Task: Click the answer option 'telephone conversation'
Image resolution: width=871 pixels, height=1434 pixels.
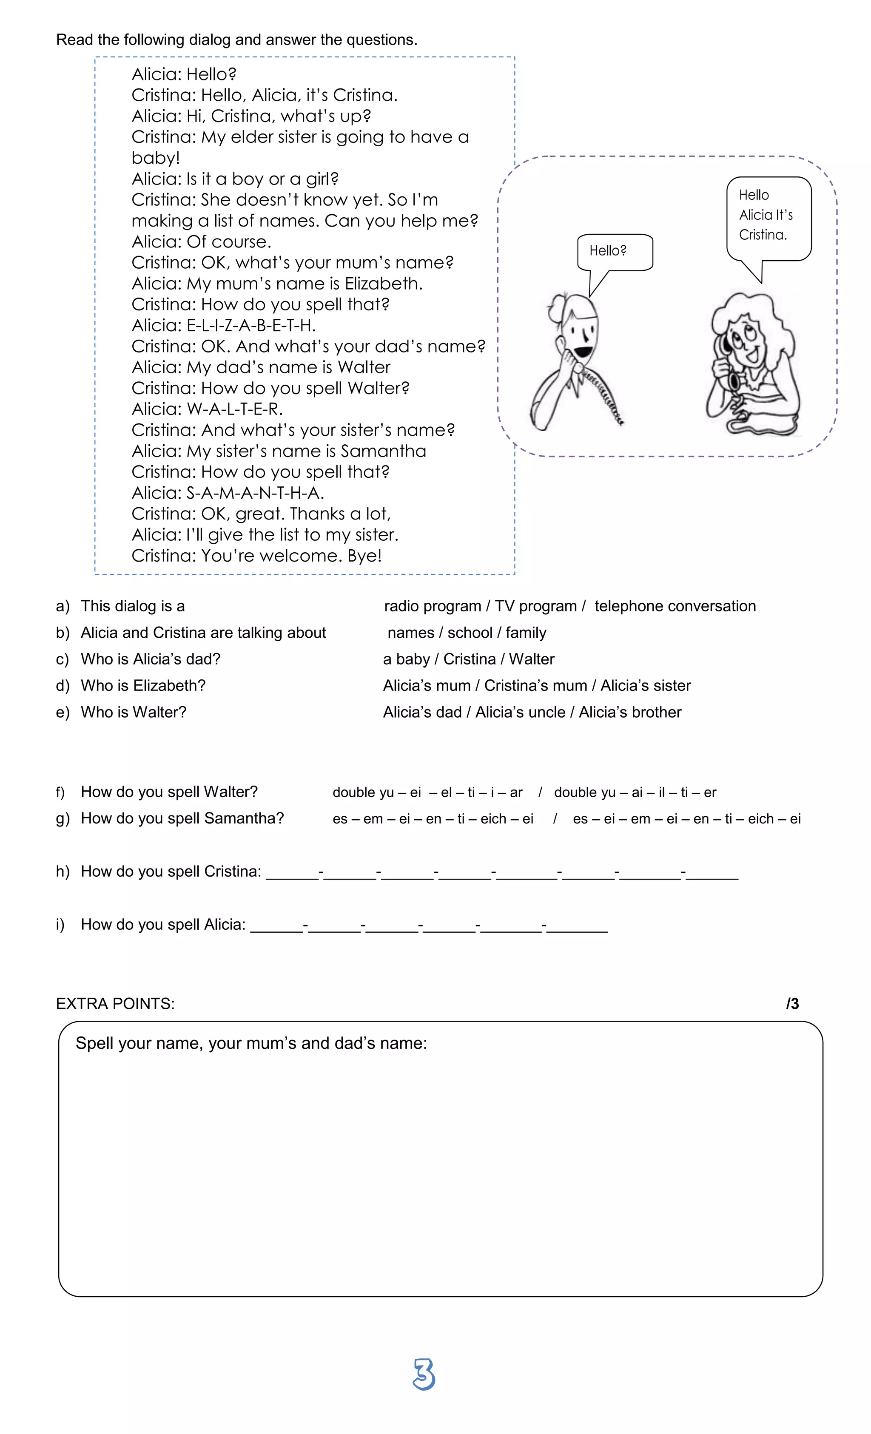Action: (x=675, y=606)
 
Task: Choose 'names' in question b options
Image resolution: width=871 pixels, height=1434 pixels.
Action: (x=410, y=633)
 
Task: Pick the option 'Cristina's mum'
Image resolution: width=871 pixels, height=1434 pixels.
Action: (x=535, y=686)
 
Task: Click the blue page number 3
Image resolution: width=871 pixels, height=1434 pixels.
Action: (x=424, y=1374)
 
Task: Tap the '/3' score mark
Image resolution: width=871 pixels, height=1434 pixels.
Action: (x=792, y=1003)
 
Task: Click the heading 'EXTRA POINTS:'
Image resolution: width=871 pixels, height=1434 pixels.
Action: (x=115, y=1003)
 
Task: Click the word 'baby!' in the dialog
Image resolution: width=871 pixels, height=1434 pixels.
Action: (x=156, y=158)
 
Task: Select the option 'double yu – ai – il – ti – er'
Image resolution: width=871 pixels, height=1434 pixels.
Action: (x=635, y=792)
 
